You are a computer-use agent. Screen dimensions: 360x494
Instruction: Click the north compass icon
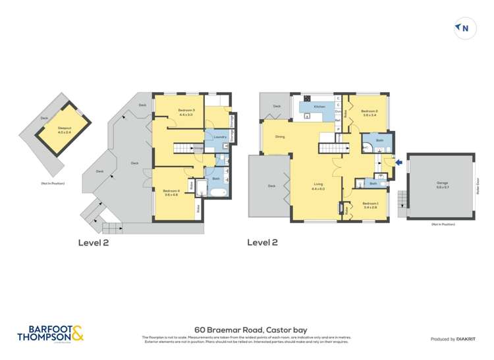click(465, 28)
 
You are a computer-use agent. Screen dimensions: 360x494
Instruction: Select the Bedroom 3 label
click(186, 111)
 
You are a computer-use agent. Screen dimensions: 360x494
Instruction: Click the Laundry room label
click(220, 137)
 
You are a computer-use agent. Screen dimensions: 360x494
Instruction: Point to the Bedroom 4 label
click(171, 192)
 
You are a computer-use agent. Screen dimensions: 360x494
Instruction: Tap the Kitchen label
click(319, 106)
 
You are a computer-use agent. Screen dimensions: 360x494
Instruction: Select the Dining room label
click(280, 137)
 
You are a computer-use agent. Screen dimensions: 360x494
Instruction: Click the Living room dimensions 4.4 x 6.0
click(319, 189)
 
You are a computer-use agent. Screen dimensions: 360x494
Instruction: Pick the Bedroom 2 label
click(370, 113)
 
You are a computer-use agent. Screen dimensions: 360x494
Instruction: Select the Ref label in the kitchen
click(338, 120)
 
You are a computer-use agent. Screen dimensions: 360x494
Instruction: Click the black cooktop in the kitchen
click(307, 116)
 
